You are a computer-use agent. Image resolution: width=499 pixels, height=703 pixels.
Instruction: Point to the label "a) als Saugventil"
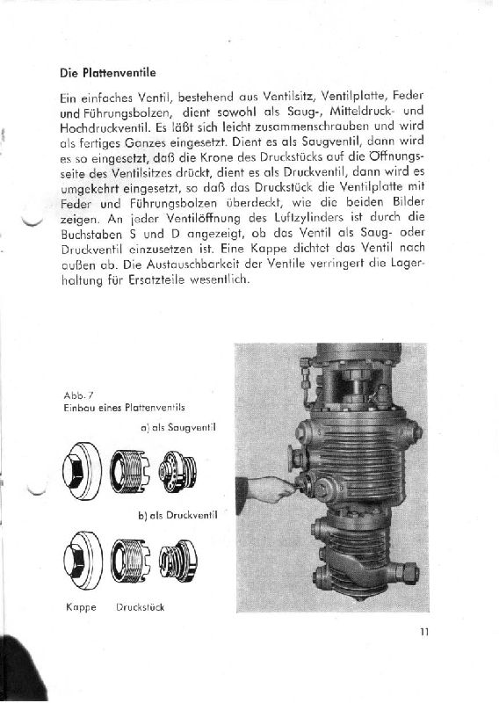178,428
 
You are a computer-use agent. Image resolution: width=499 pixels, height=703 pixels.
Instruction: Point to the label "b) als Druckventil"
177,514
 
